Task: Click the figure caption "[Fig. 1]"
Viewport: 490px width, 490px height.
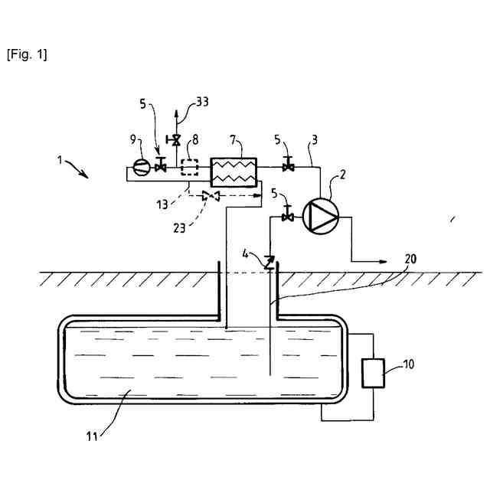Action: tap(27, 55)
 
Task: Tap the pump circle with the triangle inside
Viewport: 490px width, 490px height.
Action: tap(318, 217)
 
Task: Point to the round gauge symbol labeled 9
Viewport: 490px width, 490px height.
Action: tap(139, 166)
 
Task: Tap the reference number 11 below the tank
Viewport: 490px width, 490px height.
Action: tap(92, 439)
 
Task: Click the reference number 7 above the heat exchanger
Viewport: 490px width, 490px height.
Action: tap(235, 143)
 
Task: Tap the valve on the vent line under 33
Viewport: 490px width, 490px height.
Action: tap(177, 141)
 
